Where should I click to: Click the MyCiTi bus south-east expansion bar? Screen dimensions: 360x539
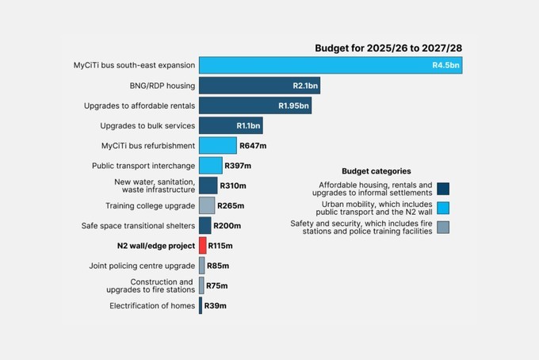pos(330,65)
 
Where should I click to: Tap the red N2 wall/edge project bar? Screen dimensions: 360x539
pos(203,246)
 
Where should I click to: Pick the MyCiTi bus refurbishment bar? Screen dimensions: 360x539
pos(217,145)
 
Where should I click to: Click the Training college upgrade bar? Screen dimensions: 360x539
pos(206,205)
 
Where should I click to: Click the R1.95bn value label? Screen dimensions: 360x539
pos(293,105)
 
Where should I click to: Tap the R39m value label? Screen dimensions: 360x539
pos(216,306)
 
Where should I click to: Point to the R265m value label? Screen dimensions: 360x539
pos(231,205)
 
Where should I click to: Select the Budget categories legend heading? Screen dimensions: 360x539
pos(377,170)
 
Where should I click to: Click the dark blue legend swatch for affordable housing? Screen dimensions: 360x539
pos(443,189)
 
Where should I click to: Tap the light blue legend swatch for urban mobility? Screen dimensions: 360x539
pos(443,209)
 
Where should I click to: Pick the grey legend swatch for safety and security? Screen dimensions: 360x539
pos(443,228)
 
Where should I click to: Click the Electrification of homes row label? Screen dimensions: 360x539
pos(151,306)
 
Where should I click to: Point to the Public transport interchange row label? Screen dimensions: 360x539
pos(143,166)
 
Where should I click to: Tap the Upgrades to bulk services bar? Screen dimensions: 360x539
pos(230,125)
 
